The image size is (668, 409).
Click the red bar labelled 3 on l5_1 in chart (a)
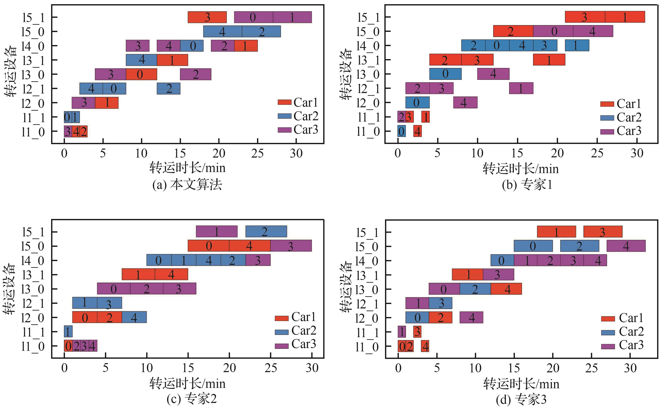(x=207, y=17)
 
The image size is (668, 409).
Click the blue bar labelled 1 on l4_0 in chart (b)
(x=577, y=45)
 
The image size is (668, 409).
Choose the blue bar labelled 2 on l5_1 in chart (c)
(x=266, y=231)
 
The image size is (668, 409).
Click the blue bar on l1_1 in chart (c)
(x=68, y=331)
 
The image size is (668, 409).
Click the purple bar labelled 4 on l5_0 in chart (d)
(x=626, y=246)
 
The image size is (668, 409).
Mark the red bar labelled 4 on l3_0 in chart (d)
(x=506, y=289)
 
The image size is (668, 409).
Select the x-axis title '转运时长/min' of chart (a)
(x=187, y=168)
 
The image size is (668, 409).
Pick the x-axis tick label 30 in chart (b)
(x=637, y=153)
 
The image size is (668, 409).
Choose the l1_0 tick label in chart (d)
(x=367, y=347)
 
